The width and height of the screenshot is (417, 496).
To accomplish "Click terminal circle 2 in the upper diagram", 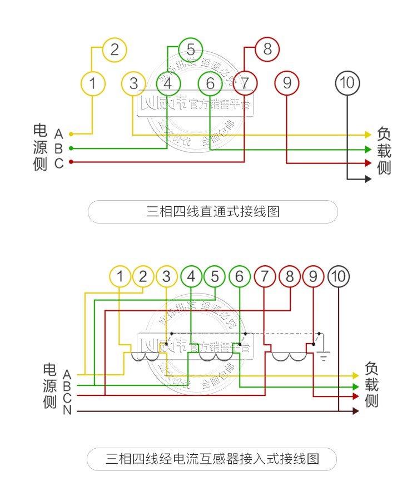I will (115, 49).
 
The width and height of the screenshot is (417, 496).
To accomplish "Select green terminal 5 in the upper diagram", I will (191, 49).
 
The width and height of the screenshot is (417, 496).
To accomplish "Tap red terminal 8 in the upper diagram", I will (267, 49).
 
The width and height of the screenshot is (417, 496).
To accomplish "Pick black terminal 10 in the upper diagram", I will (346, 83).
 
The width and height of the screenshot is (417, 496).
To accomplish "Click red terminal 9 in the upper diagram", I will (287, 83).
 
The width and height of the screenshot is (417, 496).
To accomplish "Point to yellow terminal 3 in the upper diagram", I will (133, 83).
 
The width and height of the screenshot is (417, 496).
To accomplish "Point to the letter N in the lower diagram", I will (67, 411).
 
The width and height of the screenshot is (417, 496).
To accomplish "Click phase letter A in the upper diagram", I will (58, 134).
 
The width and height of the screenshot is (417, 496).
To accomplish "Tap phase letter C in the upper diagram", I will (58, 163).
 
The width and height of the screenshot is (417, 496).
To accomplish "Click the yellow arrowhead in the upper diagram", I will (368, 135).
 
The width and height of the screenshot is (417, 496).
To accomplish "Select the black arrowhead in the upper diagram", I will (368, 179).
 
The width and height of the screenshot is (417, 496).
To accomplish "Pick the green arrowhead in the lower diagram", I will (355, 386).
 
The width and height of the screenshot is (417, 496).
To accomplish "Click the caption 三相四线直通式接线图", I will (212, 212).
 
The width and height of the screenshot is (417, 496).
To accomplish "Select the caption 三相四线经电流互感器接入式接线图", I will (212, 459).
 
